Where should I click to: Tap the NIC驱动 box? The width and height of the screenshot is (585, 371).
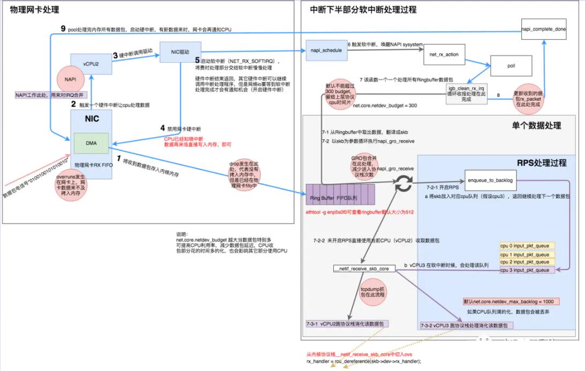point(181,52)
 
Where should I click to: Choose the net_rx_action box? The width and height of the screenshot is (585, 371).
point(444,55)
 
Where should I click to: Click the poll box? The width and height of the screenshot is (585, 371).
point(511,66)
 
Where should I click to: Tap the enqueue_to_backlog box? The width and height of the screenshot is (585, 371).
point(489,181)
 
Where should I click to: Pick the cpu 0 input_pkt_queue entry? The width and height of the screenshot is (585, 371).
point(527,246)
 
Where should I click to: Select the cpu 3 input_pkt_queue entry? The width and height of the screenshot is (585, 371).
point(527,270)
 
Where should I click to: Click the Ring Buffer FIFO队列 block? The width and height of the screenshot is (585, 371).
point(336,198)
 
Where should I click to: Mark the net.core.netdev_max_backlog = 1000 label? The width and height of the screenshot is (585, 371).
point(511,301)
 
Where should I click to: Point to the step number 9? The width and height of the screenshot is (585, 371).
point(63,28)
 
